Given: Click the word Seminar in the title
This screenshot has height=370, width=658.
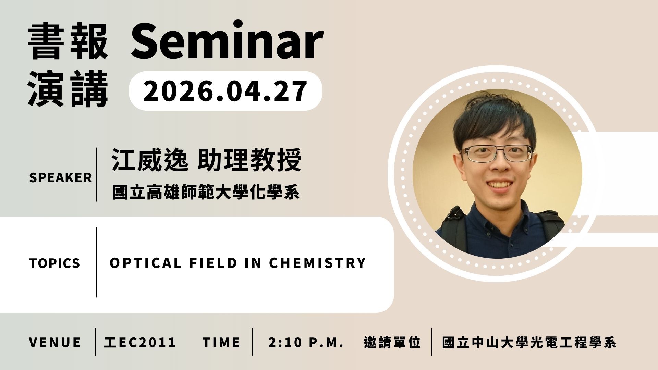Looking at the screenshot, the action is click(227, 40).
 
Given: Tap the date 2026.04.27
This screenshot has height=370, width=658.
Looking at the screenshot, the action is click(225, 91).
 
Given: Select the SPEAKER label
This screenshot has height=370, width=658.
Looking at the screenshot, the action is click(61, 178).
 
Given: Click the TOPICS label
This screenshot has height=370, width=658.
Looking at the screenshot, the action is click(55, 263).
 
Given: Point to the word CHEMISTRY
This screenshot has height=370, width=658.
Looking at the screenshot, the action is click(318, 263).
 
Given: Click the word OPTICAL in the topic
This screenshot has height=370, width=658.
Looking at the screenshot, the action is click(145, 263).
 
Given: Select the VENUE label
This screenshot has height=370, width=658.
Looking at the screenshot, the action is click(55, 342).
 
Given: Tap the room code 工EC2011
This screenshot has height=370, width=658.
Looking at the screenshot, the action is click(140, 342).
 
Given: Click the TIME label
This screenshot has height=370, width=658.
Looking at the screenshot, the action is click(221, 342).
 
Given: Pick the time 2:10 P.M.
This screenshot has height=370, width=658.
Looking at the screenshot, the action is click(306, 342).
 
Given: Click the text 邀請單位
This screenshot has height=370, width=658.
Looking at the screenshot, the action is click(392, 342).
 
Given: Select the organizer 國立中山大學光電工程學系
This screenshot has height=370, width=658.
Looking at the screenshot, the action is click(529, 342).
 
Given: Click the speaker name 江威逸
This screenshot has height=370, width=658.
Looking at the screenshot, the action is click(150, 160).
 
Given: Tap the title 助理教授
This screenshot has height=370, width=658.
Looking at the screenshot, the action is click(249, 160).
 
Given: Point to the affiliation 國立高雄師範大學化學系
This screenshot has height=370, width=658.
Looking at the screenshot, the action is click(206, 192).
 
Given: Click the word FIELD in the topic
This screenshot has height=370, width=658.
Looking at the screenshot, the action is click(213, 263).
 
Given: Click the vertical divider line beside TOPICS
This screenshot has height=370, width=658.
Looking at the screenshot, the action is click(97, 262).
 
